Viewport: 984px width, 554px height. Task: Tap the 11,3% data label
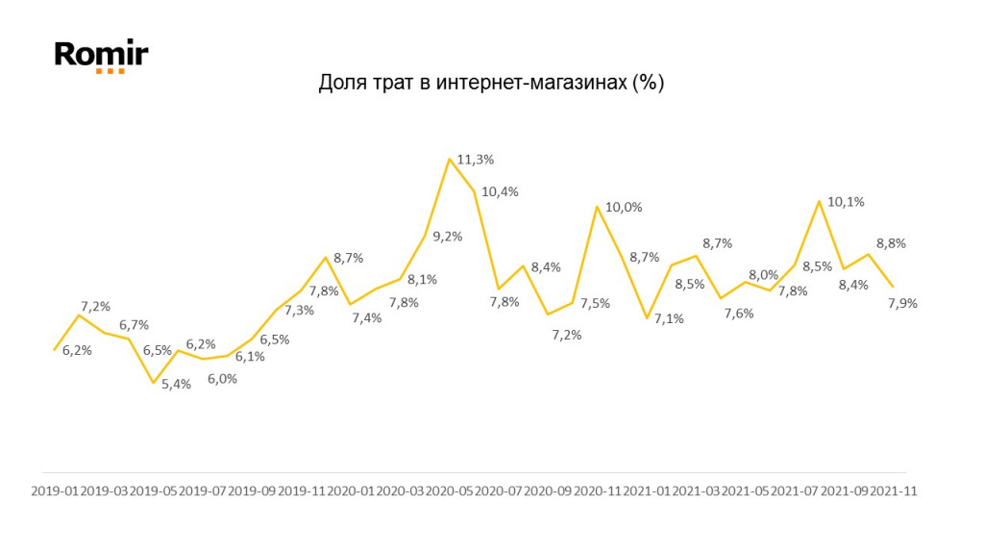click(476, 160)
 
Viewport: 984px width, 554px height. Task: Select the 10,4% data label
click(500, 191)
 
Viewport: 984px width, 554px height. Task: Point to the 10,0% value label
click(624, 207)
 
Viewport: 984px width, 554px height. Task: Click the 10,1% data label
click(846, 202)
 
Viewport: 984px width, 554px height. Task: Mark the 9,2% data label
click(448, 236)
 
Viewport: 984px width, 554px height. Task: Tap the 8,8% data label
click(890, 243)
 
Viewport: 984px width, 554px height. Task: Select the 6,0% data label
click(221, 379)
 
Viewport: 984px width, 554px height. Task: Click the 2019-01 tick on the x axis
click(55, 491)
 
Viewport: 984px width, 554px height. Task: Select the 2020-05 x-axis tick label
click(450, 491)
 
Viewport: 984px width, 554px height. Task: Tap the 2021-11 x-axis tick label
click(894, 491)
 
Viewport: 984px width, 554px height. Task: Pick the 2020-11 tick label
click(598, 491)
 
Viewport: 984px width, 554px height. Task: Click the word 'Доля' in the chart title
click(338, 83)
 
